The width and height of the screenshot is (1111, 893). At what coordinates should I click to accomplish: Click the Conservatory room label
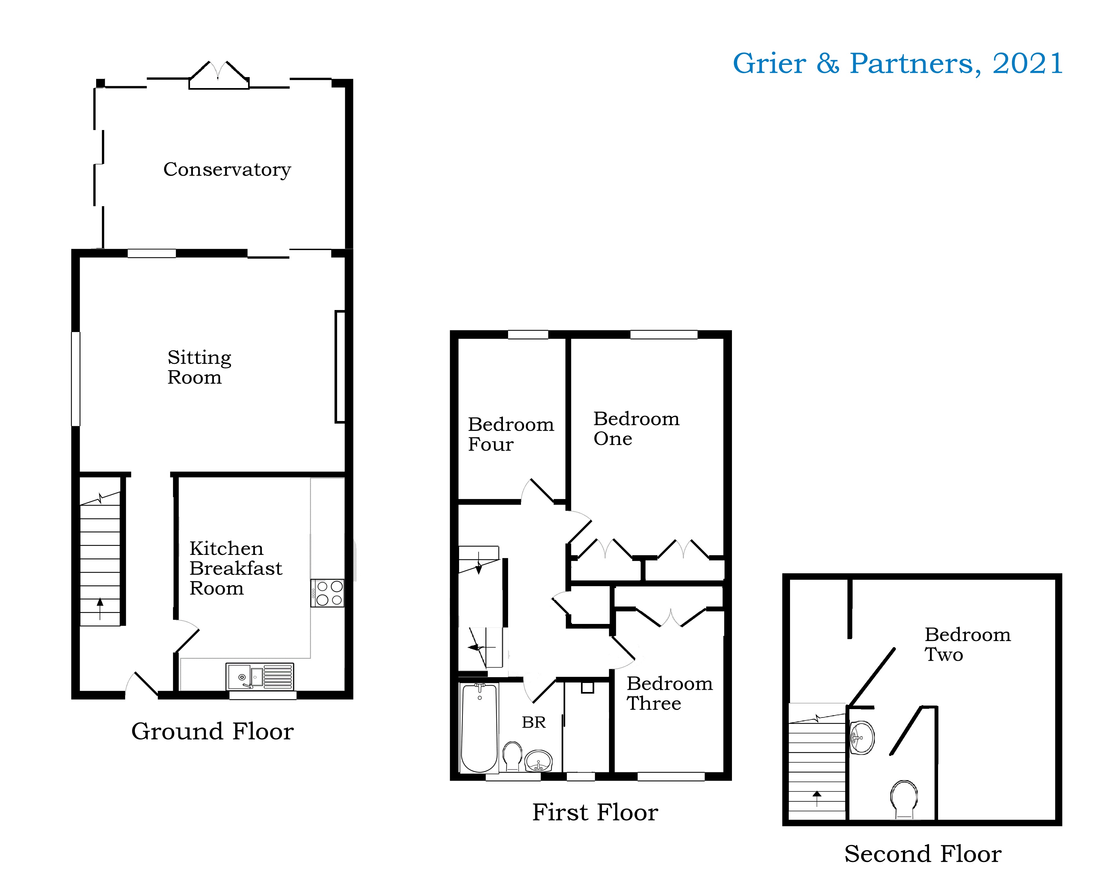227,169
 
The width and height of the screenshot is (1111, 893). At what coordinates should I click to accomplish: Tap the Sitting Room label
199,367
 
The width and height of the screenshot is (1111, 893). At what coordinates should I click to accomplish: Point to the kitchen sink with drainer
260,676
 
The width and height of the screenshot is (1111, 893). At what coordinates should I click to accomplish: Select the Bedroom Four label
510,434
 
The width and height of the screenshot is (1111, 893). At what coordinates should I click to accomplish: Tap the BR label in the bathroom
533,722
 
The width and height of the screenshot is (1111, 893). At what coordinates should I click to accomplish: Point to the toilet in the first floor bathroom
512,756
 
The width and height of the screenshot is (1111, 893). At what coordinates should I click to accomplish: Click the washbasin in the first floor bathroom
538,761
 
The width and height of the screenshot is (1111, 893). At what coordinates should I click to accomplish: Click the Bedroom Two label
967,644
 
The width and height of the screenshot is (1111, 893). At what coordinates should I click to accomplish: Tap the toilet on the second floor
904,799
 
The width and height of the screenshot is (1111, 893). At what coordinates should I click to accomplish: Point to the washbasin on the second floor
862,738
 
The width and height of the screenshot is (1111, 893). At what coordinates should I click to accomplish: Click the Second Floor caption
922,854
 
